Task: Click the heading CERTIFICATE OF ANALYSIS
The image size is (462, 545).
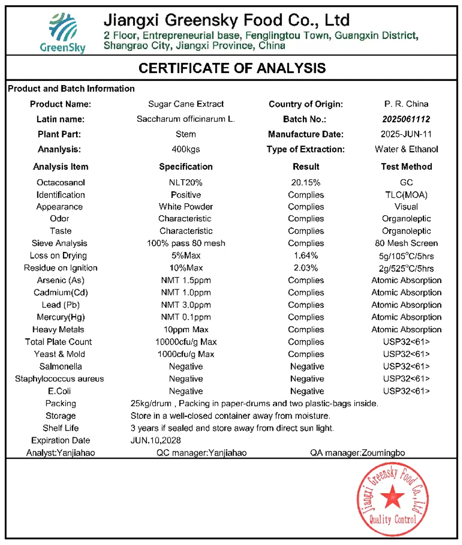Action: [x=232, y=68]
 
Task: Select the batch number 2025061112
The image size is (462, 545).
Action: [x=406, y=119]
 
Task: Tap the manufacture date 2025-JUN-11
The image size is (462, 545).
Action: [x=406, y=134]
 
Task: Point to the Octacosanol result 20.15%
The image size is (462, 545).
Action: [x=306, y=183]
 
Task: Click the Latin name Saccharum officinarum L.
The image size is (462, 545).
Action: [x=186, y=119]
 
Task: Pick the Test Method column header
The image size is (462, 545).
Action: [x=406, y=167]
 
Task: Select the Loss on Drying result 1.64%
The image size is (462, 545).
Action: [x=306, y=256]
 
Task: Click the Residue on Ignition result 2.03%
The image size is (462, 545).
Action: [x=306, y=268]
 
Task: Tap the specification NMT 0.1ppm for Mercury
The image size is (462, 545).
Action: [x=186, y=317]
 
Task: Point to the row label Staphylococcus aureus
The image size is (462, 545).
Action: [x=59, y=379]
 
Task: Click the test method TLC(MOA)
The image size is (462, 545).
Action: [x=406, y=195]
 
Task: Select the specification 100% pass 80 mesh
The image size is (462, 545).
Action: [x=186, y=243]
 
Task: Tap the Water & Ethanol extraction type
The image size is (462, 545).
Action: [x=406, y=149]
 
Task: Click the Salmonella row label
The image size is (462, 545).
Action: [x=60, y=367]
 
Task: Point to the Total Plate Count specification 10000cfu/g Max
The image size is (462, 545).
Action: [x=187, y=342]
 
